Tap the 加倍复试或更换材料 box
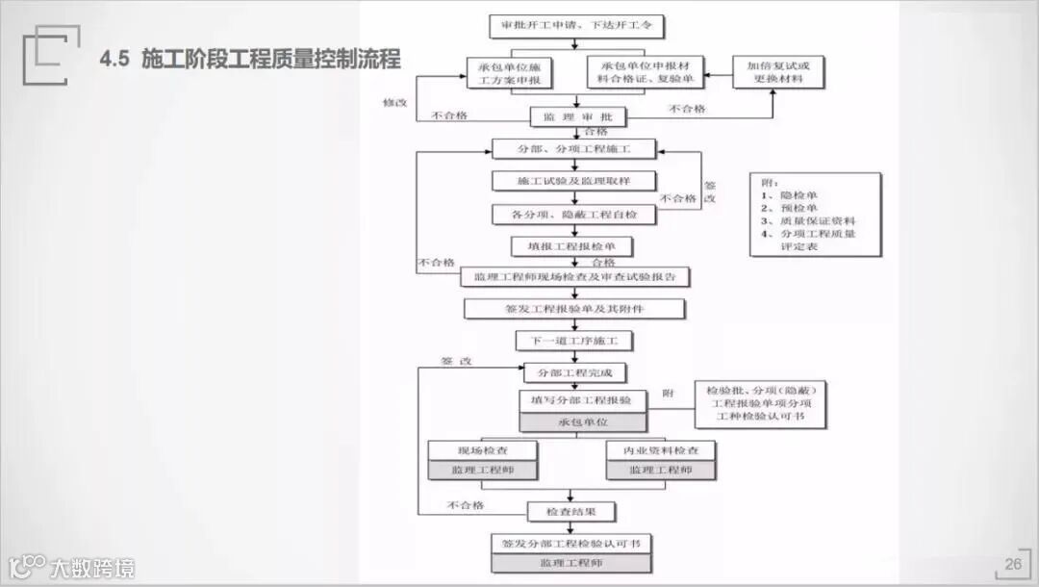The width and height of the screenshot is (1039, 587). tap(779, 72)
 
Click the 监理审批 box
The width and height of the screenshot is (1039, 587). tap(578, 117)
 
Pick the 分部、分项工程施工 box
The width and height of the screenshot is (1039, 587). tap(574, 149)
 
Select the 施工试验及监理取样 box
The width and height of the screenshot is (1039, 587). tap(574, 181)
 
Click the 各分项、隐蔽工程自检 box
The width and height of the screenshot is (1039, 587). tap(574, 214)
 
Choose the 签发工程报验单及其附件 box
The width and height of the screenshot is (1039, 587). tap(574, 309)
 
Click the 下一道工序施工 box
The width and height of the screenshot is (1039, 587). tap(574, 341)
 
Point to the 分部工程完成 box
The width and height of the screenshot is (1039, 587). tap(575, 372)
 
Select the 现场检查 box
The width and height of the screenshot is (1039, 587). tap(483, 450)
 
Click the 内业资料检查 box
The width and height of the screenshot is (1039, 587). tap(660, 450)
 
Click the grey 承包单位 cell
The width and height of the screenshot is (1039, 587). tap(583, 422)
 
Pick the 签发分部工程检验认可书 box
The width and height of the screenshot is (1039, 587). tap(571, 544)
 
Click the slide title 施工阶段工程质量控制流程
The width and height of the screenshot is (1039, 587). tap(269, 60)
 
